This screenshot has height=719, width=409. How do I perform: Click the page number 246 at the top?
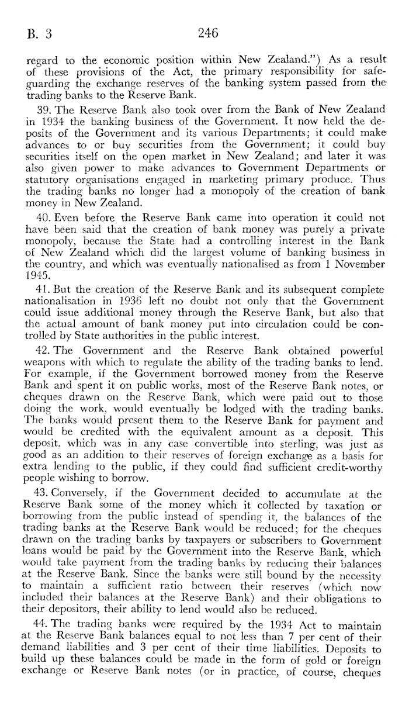point(208,33)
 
